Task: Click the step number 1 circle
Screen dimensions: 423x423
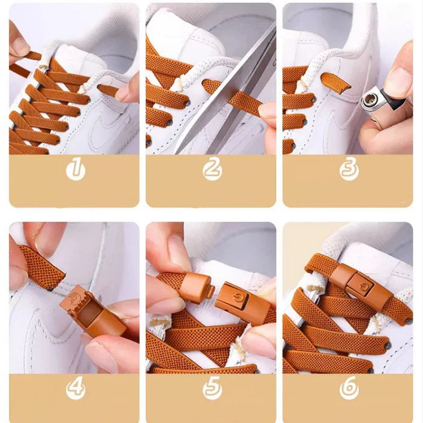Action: pyautogui.click(x=76, y=169)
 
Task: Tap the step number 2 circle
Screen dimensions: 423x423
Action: pyautogui.click(x=212, y=169)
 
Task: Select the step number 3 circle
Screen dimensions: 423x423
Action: pyautogui.click(x=349, y=169)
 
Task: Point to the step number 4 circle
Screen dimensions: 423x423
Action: pyautogui.click(x=76, y=389)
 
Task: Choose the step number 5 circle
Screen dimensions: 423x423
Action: pyautogui.click(x=212, y=389)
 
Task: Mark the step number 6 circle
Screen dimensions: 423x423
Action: pyautogui.click(x=349, y=389)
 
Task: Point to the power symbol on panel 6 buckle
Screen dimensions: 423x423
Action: pyautogui.click(x=364, y=286)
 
